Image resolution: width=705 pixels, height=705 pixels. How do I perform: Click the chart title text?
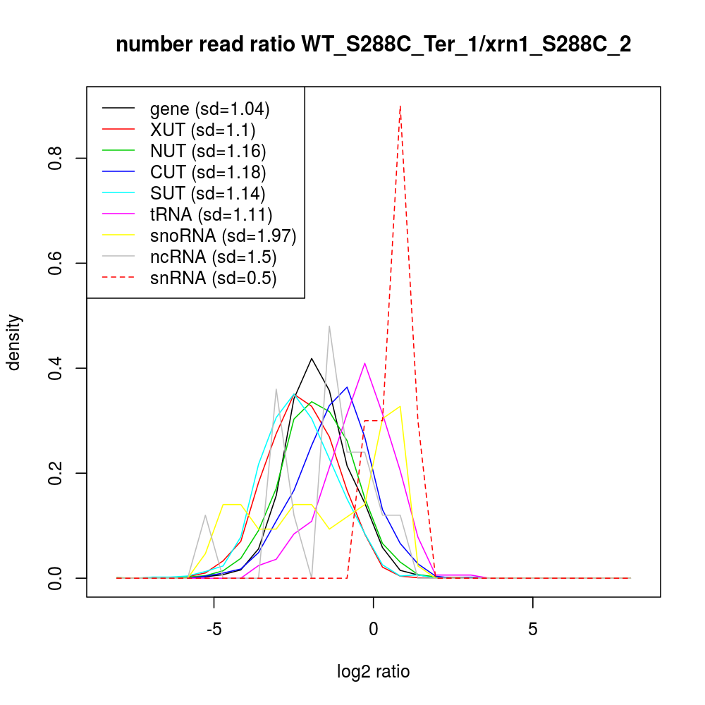click(373, 45)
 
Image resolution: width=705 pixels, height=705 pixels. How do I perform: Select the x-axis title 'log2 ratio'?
click(373, 671)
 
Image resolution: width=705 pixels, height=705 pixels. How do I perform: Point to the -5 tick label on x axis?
click(214, 628)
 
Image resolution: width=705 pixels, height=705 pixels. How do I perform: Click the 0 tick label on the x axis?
click(373, 628)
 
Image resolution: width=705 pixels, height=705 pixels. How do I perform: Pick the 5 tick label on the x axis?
click(532, 628)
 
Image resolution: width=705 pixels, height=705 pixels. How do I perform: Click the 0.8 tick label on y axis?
click(56, 158)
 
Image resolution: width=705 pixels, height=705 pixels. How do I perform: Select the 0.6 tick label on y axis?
click(56, 263)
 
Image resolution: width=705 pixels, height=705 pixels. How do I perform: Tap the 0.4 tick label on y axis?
click(56, 368)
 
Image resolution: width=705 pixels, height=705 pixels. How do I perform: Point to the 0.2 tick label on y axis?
click(56, 473)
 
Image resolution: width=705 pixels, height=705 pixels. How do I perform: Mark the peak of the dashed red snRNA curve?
click(400, 106)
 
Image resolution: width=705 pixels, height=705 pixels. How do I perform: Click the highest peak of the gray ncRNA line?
click(329, 326)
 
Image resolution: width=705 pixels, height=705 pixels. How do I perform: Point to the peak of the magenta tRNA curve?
click(364, 363)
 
